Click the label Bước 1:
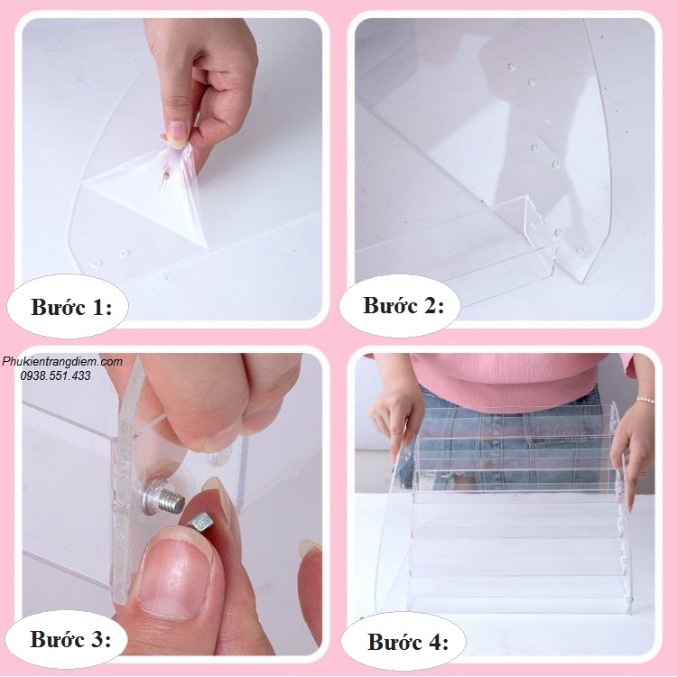[x=71, y=308]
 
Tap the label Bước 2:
[x=403, y=305]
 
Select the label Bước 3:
[x=70, y=638]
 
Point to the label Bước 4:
[x=408, y=642]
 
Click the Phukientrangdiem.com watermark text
[x=62, y=361]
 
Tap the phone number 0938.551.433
[x=55, y=376]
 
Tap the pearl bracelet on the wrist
[x=645, y=400]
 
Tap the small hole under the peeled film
[x=166, y=176]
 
